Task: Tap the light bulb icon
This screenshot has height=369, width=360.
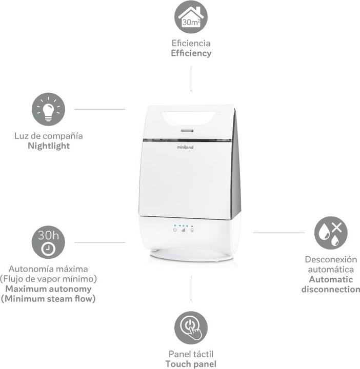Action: pyautogui.click(x=48, y=109)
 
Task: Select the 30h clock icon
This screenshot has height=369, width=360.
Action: pyautogui.click(x=48, y=242)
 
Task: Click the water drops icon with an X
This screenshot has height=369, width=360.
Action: pyautogui.click(x=330, y=233)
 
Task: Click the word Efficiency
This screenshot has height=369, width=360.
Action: pyautogui.click(x=191, y=53)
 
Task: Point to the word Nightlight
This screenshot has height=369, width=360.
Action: pyautogui.click(x=49, y=146)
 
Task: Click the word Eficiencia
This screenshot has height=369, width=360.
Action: pyautogui.click(x=191, y=43)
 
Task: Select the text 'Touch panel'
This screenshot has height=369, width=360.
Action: pyautogui.click(x=191, y=364)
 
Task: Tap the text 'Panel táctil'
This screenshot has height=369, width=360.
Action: pyautogui.click(x=191, y=354)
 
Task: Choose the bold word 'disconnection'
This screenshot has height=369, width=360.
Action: pyautogui.click(x=331, y=289)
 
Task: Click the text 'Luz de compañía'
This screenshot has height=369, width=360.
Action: pyautogui.click(x=49, y=136)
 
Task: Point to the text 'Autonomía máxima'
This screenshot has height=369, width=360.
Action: pyautogui.click(x=48, y=269)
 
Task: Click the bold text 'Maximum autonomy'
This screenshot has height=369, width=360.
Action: pyautogui.click(x=48, y=289)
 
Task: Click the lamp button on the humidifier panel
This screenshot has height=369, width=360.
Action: pyautogui.click(x=192, y=230)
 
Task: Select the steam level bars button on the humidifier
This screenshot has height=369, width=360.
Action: pyautogui.click(x=183, y=230)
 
